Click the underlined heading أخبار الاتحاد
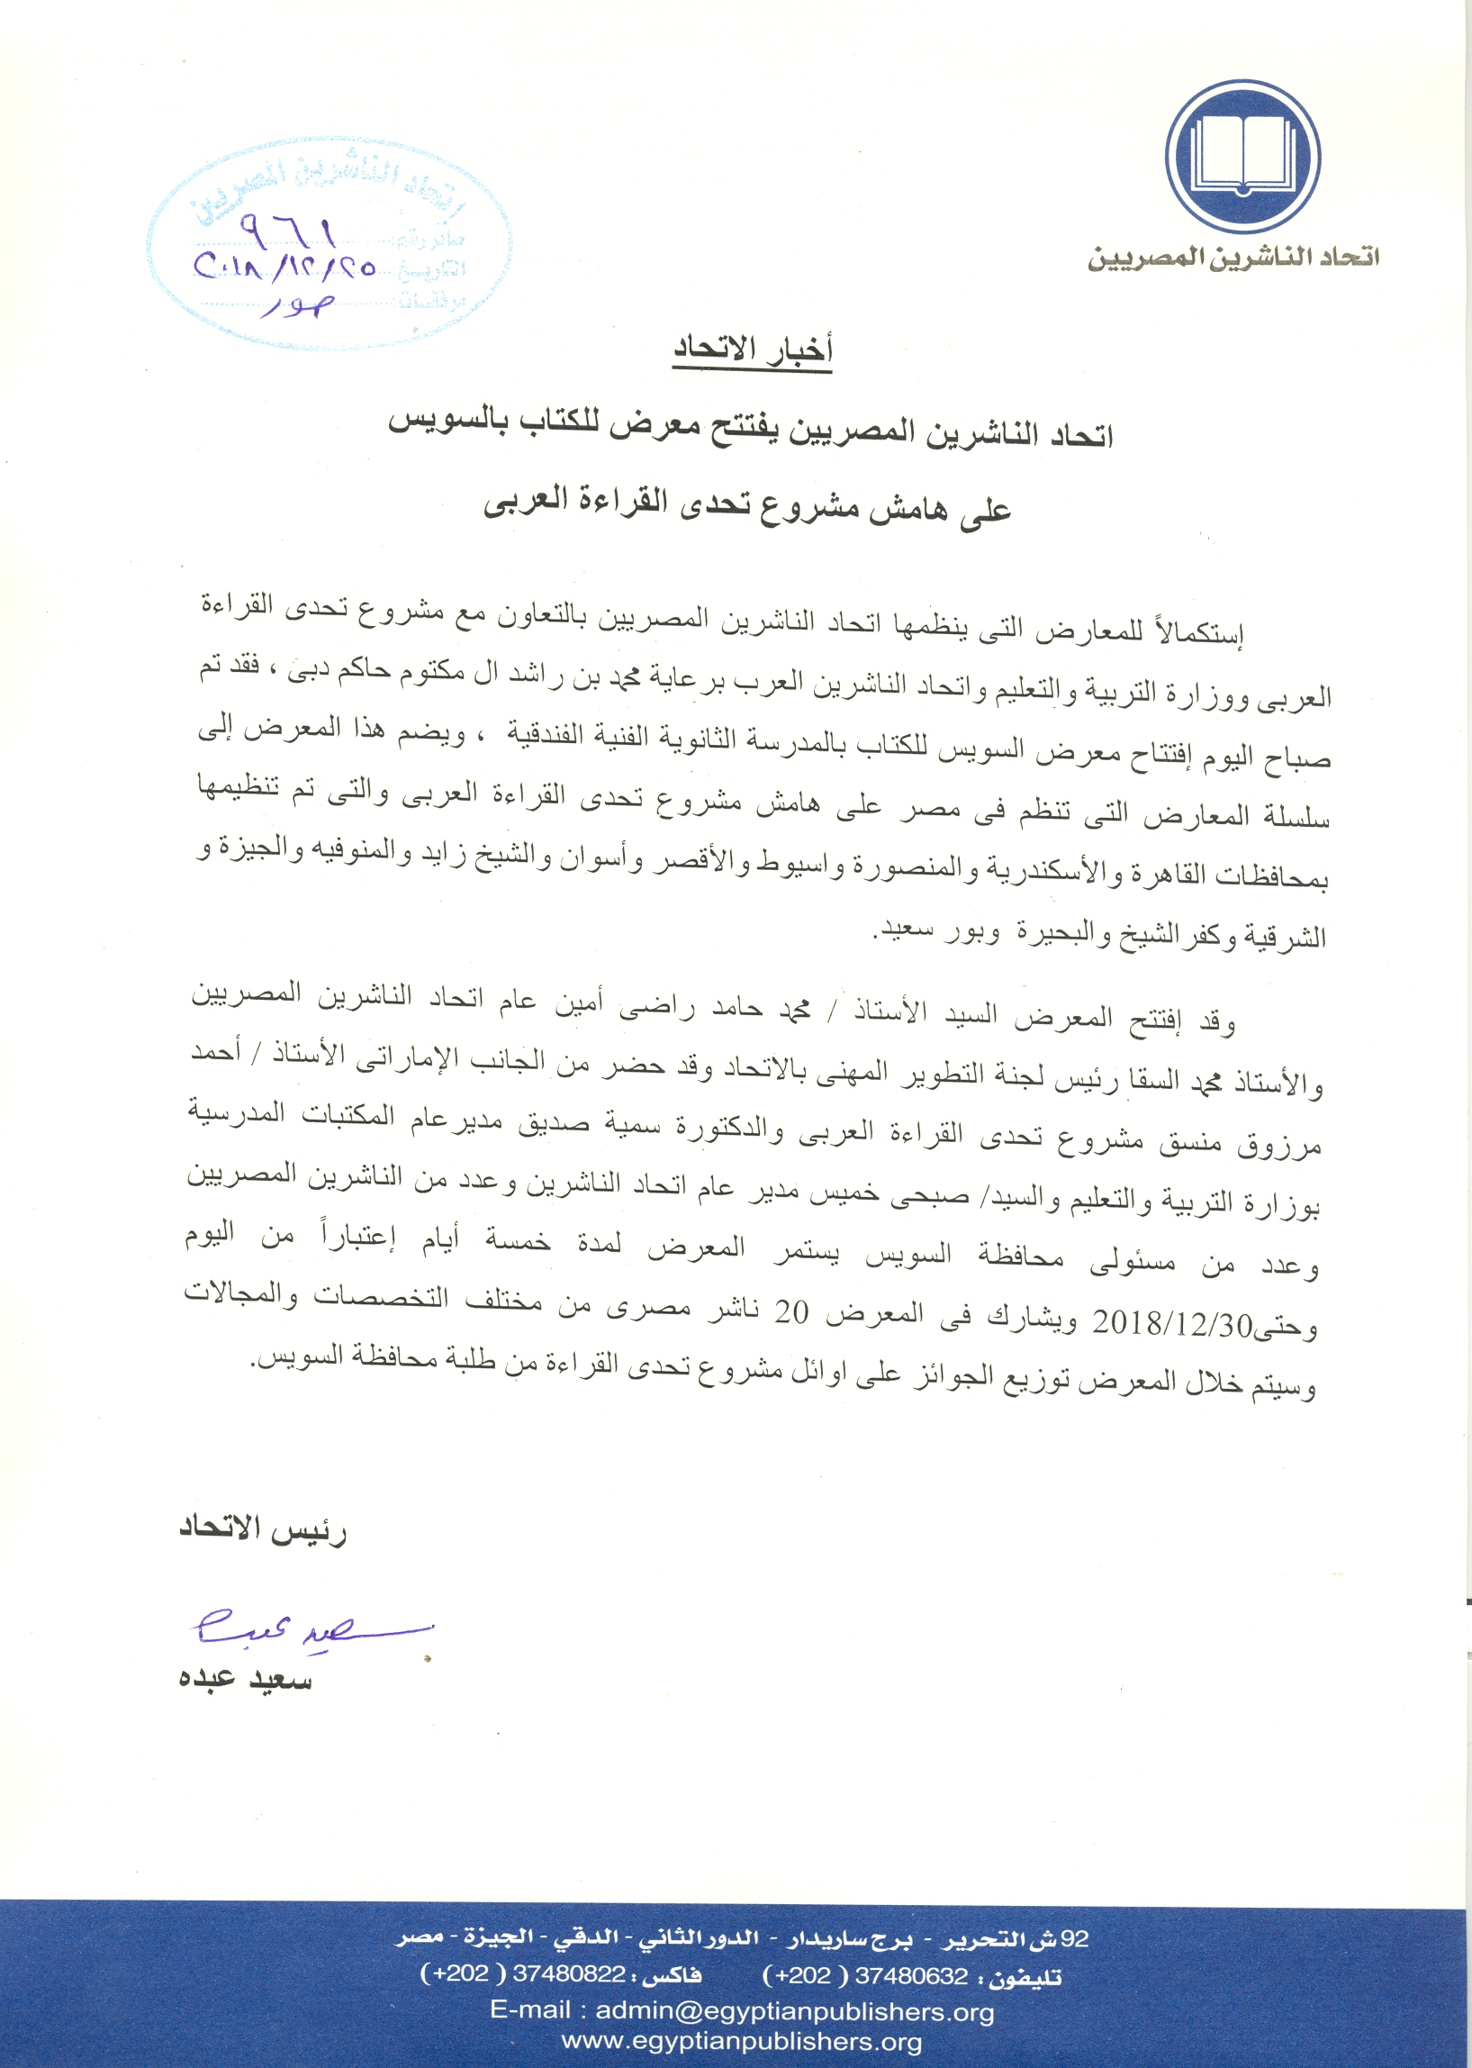pos(752,350)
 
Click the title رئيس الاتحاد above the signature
pos(263,1530)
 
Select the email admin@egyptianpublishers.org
pos(795,2011)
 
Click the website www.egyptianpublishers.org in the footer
pos(742,2042)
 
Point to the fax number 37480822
pos(569,1973)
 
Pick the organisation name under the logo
pos(1233,257)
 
